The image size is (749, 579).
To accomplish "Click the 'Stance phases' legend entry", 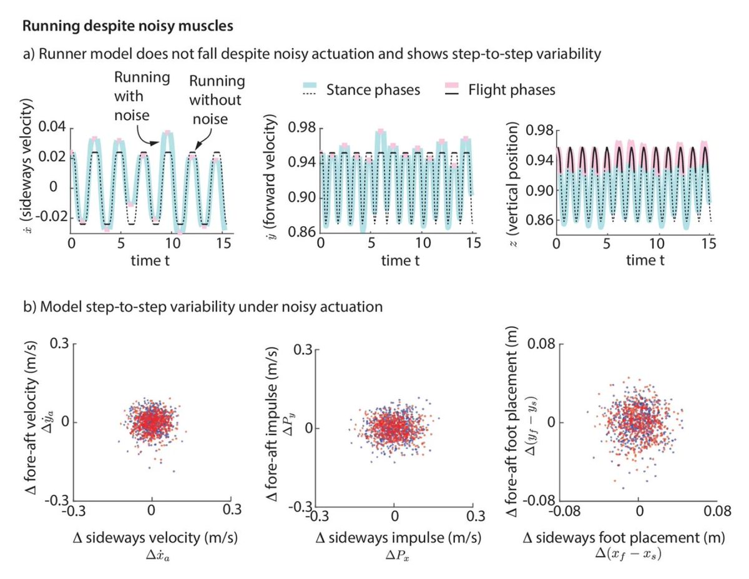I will [373, 90].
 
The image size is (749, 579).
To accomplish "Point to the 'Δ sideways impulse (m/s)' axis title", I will [394, 537].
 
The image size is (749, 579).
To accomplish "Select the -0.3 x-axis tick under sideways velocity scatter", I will [69, 510].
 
